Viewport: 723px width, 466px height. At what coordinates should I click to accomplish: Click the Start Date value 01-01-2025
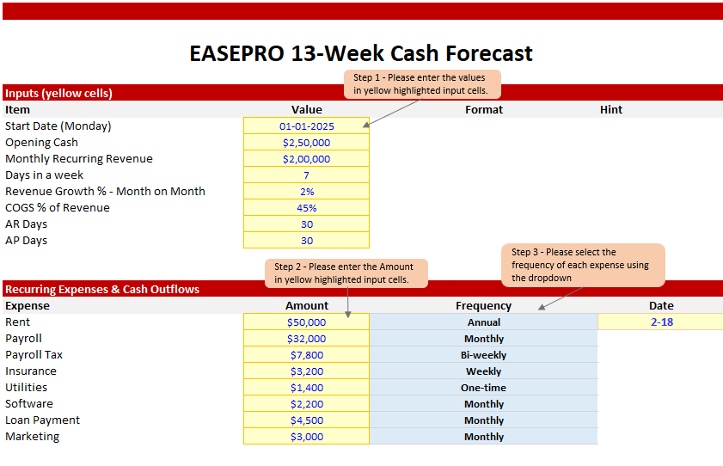point(307,126)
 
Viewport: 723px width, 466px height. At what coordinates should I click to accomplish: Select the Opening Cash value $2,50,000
point(307,143)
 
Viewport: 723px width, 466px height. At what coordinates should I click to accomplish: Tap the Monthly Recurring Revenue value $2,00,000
point(307,159)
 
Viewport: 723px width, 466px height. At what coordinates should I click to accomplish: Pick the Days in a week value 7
point(307,175)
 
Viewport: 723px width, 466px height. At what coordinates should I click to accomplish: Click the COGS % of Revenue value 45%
point(307,208)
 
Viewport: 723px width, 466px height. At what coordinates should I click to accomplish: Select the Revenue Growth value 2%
point(307,192)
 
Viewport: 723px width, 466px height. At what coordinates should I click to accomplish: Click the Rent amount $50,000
point(307,322)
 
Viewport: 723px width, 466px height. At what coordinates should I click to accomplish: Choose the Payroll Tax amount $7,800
point(307,355)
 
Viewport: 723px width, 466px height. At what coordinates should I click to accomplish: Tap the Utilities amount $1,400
point(307,388)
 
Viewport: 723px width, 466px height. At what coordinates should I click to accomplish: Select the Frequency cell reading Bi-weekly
point(484,355)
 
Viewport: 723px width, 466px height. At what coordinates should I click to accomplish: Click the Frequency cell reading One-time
point(484,388)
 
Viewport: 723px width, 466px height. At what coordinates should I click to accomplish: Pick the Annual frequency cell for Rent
point(484,322)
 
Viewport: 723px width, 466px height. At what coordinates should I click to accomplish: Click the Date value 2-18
point(662,322)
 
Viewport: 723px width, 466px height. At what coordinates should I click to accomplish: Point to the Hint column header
point(611,110)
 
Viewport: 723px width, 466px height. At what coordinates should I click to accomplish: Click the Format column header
point(484,110)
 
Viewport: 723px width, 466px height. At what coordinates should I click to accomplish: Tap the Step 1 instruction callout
point(422,84)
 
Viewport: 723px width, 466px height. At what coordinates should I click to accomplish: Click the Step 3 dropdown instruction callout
point(583,265)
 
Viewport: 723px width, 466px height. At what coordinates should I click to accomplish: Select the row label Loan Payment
point(42,420)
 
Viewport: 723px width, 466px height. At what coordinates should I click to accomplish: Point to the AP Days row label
point(27,241)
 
